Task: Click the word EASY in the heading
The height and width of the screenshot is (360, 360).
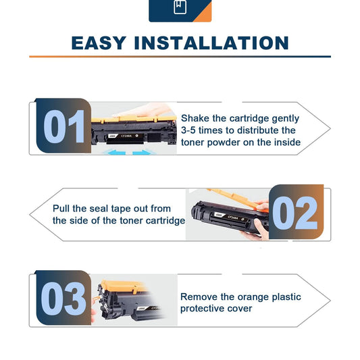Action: tap(99, 43)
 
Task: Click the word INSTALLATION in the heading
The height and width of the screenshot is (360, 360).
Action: tap(211, 43)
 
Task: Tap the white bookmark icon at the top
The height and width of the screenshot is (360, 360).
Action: tap(180, 7)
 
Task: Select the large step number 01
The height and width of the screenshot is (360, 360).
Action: tap(63, 126)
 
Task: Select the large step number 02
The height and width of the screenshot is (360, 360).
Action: tap(295, 213)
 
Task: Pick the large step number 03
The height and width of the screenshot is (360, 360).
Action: tap(63, 299)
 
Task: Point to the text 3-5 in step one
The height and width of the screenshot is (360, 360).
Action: tap(188, 130)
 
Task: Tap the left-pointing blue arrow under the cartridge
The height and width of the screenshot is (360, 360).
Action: tap(116, 152)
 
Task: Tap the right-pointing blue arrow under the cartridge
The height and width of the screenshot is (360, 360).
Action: tap(142, 152)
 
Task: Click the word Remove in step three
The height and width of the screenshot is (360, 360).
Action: tap(199, 297)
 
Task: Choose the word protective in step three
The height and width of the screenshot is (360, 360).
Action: tap(202, 309)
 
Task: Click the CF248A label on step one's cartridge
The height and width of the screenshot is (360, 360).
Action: tap(126, 136)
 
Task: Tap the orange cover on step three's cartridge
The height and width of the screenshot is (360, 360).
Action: tap(124, 286)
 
